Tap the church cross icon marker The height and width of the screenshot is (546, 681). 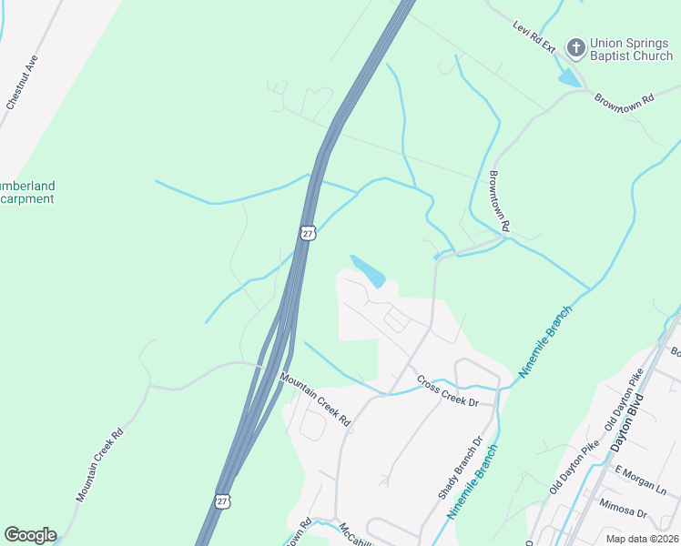click(x=575, y=46)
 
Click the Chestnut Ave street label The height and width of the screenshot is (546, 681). click(x=21, y=83)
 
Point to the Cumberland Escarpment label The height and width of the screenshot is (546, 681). click(x=26, y=192)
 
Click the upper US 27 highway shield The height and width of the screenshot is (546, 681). click(x=308, y=233)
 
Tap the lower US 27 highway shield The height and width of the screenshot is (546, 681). click(x=223, y=501)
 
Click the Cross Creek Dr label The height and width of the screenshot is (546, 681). click(x=447, y=390)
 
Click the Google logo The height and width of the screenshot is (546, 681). click(x=30, y=535)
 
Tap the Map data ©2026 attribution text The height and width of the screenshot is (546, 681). click(x=641, y=539)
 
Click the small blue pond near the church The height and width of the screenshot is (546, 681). click(x=569, y=78)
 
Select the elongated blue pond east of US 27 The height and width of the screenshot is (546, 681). click(x=368, y=270)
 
